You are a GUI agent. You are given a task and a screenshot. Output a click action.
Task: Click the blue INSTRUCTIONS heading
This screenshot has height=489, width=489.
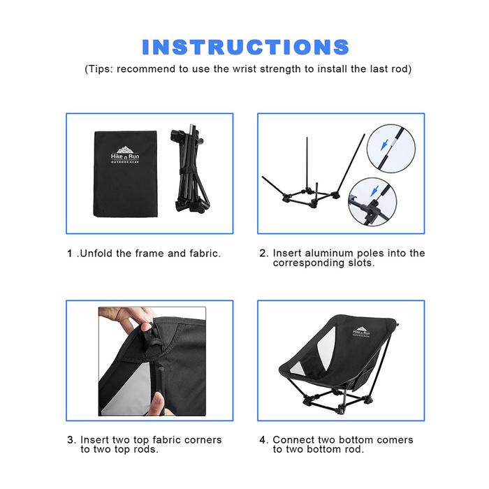pyautogui.click(x=245, y=47)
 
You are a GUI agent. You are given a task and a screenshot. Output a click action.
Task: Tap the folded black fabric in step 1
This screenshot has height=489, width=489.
pyautogui.click(x=125, y=174)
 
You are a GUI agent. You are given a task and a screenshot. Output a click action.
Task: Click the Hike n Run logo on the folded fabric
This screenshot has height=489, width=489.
pyautogui.click(x=125, y=154)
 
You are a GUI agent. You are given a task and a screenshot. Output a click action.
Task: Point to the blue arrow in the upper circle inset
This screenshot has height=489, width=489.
pyautogui.click(x=384, y=145)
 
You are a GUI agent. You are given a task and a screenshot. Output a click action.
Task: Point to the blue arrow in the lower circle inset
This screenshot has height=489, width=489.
pyautogui.click(x=374, y=191)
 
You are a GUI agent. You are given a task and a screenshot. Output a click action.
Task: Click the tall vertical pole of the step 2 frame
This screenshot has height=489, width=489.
pyautogui.click(x=307, y=165)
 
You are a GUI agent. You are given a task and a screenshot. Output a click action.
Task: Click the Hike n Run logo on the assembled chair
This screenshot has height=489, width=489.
pyautogui.click(x=361, y=332)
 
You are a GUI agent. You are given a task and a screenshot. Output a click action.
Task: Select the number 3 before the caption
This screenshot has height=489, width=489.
pyautogui.click(x=71, y=440)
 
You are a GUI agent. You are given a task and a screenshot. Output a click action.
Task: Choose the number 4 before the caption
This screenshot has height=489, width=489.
pyautogui.click(x=263, y=440)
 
